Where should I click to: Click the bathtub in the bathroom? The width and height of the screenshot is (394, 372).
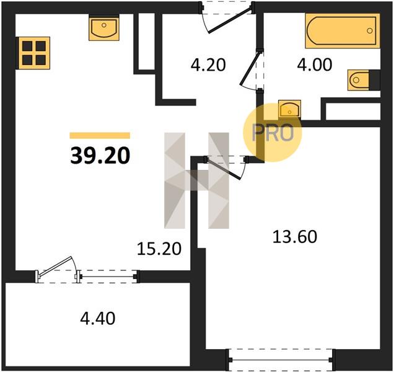point(343,30)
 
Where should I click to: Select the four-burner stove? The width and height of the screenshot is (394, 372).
point(34,53)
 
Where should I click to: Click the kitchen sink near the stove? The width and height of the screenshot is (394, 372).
point(104,27)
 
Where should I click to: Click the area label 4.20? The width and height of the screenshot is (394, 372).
point(208,64)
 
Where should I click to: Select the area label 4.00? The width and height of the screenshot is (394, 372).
point(314,64)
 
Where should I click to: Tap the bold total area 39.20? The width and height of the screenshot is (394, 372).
point(100,156)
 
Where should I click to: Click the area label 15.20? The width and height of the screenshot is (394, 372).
point(159,249)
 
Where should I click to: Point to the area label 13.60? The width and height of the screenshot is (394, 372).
point(295,237)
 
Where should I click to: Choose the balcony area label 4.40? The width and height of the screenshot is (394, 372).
point(98,318)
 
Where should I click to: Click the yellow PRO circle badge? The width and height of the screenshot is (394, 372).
point(273,133)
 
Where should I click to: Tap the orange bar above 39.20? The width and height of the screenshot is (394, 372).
point(100,136)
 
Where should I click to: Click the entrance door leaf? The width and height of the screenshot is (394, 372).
point(229,20)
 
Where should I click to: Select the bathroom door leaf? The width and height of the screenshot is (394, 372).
point(249,68)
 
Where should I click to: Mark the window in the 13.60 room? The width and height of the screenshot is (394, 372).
point(281,360)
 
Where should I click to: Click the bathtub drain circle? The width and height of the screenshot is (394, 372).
point(369,30)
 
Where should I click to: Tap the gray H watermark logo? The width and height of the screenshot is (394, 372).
point(196,180)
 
